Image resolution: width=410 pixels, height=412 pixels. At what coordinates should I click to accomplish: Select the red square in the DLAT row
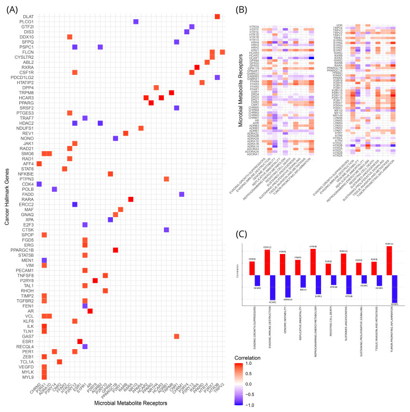point(217,17)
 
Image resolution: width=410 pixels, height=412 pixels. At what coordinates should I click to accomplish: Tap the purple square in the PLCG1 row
point(136,22)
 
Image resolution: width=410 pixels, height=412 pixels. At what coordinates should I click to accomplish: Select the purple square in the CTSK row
point(166,230)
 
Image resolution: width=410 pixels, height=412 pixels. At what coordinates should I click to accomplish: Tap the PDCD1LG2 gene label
point(22,77)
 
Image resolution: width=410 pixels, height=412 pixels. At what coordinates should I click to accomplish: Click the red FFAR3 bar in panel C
point(298,267)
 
